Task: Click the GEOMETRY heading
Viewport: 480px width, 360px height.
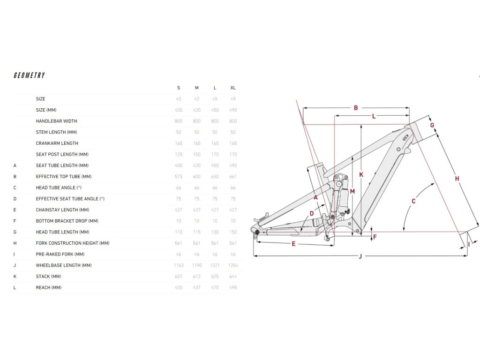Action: pyautogui.click(x=29, y=75)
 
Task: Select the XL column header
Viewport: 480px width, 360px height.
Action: pyautogui.click(x=233, y=88)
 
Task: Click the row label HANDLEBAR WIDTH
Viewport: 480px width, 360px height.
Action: pyautogui.click(x=56, y=121)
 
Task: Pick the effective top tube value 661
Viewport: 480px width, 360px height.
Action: pyautogui.click(x=233, y=177)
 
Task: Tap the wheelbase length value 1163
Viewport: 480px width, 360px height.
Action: pyautogui.click(x=178, y=265)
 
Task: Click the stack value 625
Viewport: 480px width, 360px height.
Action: pyautogui.click(x=215, y=277)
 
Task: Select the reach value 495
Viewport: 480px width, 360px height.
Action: pyautogui.click(x=233, y=287)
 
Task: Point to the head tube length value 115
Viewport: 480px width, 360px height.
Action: pyautogui.click(x=197, y=232)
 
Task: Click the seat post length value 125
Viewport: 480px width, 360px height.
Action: pyautogui.click(x=178, y=154)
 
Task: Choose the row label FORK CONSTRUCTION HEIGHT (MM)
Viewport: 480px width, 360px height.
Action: pyautogui.click(x=73, y=243)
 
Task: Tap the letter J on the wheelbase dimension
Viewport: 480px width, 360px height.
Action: pyautogui.click(x=360, y=256)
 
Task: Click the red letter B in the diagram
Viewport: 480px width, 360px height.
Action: pyautogui.click(x=356, y=108)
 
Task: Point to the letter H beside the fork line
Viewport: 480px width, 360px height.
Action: pyautogui.click(x=457, y=179)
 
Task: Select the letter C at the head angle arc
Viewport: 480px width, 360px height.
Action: pyautogui.click(x=414, y=202)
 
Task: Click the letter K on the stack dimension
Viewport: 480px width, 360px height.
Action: pyautogui.click(x=361, y=174)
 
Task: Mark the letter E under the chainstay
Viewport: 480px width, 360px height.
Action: pyautogui.click(x=293, y=244)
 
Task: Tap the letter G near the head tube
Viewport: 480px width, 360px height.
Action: pyautogui.click(x=432, y=125)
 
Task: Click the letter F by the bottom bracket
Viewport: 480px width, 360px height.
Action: pyautogui.click(x=375, y=237)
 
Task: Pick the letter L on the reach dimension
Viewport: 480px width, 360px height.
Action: pyautogui.click(x=374, y=116)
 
